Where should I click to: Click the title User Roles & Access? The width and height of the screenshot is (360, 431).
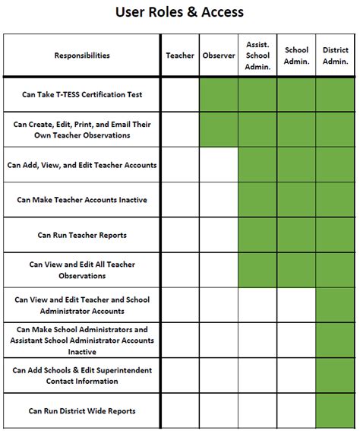179,12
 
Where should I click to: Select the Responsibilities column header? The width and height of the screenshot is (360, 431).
82,55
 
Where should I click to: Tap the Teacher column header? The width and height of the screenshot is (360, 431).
180,55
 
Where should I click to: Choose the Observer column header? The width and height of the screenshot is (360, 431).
219,55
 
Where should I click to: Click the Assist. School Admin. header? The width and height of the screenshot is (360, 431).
257,55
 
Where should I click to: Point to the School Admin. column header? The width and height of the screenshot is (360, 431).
296,55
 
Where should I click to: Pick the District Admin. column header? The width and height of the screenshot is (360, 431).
336,55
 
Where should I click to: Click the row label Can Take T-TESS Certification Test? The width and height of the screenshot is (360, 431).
82,95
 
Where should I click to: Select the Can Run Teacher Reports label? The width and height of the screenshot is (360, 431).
82,235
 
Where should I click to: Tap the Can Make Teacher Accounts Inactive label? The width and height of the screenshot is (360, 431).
82,200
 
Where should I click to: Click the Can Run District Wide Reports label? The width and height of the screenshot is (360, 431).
82,411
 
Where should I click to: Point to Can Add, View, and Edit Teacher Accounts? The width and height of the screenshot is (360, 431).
82,165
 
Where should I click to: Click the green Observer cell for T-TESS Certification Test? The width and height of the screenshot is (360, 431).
219,95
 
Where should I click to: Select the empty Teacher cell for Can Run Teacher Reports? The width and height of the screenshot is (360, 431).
180,235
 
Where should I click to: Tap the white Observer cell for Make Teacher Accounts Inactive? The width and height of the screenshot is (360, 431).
219,200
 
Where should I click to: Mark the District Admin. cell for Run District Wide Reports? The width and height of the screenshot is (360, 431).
336,411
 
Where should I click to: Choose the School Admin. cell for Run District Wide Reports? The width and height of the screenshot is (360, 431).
296,411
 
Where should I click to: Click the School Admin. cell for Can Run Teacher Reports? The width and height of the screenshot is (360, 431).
296,235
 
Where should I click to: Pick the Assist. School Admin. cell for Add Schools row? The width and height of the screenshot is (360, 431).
257,376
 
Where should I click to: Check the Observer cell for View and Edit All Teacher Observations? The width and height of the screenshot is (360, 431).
219,270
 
